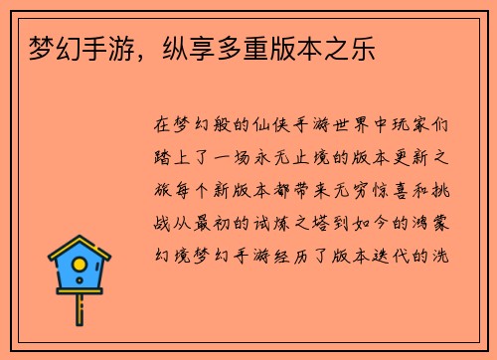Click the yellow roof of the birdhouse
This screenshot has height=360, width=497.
[80, 249]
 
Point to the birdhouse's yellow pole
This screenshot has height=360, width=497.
[80, 309]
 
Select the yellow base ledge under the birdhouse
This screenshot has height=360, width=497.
[80, 292]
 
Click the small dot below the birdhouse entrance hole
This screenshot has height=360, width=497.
[80, 281]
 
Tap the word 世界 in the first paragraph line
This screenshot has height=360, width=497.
[342, 128]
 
